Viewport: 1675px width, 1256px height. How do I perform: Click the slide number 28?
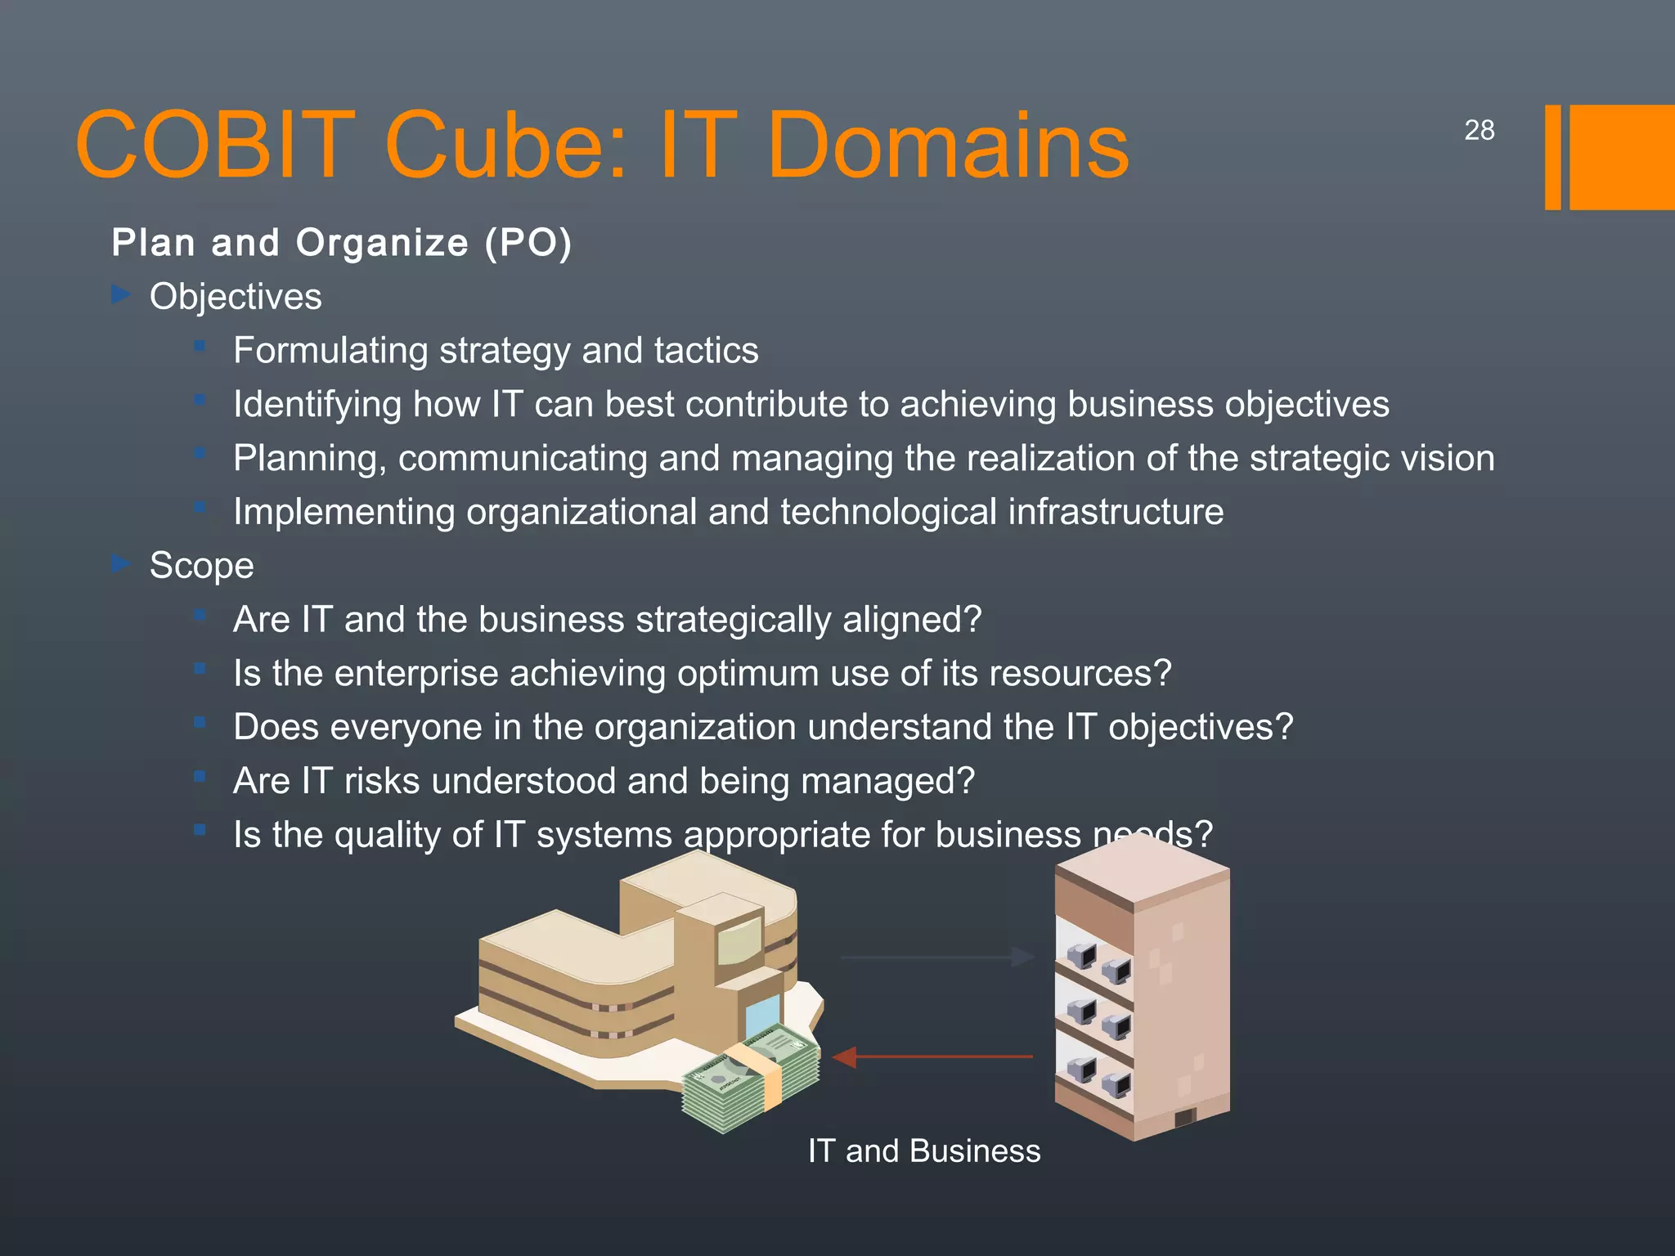(1479, 130)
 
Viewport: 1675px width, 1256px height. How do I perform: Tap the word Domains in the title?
(949, 146)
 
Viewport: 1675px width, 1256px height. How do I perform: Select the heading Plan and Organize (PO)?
(341, 243)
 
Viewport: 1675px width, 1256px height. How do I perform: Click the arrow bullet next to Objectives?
(121, 294)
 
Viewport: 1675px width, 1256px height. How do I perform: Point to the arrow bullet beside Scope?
(121, 563)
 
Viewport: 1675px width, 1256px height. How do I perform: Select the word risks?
(382, 781)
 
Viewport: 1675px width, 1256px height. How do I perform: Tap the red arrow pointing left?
(932, 1056)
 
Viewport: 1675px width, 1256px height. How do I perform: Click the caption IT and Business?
(923, 1151)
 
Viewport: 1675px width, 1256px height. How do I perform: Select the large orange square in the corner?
(1621, 157)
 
